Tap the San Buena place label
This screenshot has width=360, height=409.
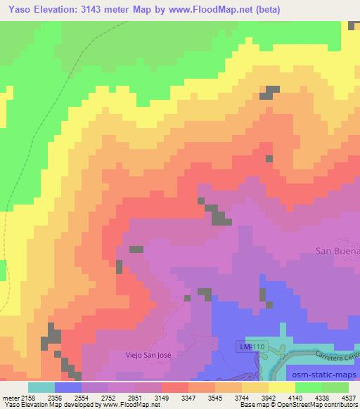click(x=337, y=250)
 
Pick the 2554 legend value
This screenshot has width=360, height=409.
click(x=80, y=397)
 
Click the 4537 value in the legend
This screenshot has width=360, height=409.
click(x=348, y=397)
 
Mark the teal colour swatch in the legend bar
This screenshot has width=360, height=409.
click(x=41, y=387)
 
